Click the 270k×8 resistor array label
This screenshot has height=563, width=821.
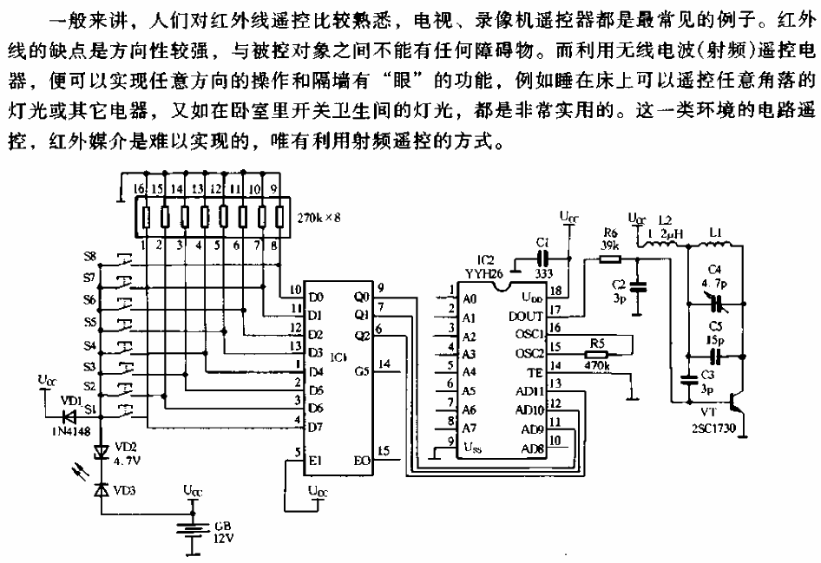[x=318, y=218]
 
